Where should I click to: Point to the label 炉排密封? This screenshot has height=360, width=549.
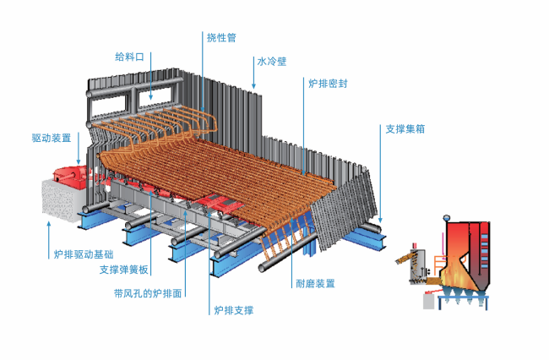328,84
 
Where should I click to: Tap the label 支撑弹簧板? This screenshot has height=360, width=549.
123,270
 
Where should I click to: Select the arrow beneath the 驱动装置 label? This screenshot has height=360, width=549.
79,154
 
